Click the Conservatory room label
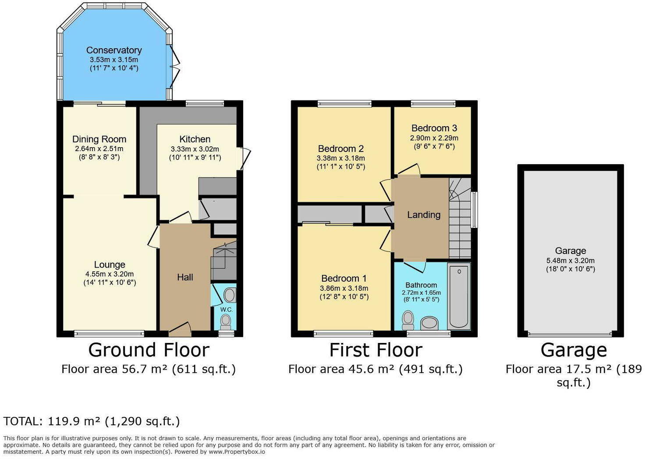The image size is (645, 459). [x=114, y=50]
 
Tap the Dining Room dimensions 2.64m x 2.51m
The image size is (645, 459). [x=99, y=149]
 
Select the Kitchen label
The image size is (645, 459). [x=195, y=139]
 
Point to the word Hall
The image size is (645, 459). [x=185, y=277]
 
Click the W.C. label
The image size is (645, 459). [x=227, y=310]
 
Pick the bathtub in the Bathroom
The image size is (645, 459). [x=459, y=297]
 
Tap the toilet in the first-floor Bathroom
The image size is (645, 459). [x=408, y=320]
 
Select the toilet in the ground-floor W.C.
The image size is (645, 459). [x=226, y=322]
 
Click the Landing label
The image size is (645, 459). [x=424, y=215]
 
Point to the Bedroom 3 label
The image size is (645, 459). [x=434, y=128]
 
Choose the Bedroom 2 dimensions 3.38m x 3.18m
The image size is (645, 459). [x=340, y=158]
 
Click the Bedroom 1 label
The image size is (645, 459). [x=344, y=278]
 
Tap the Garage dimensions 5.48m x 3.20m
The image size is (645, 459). [x=571, y=261]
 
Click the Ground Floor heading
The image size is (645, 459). [x=149, y=350]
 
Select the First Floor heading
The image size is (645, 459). [x=376, y=350]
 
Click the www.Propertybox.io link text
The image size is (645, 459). [x=237, y=452]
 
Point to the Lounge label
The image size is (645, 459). [x=110, y=265]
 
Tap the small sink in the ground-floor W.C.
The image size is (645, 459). [x=230, y=295]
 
